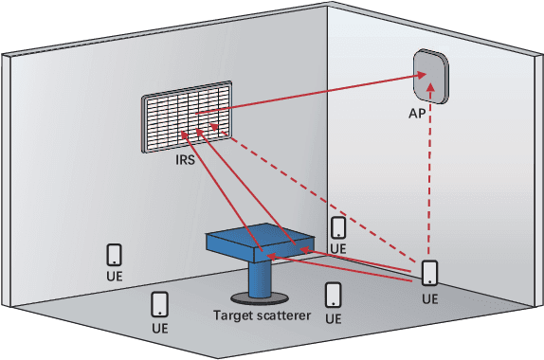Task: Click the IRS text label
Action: pyautogui.click(x=185, y=161)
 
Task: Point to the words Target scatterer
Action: pyautogui.click(x=262, y=315)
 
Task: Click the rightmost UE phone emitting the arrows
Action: pyautogui.click(x=430, y=273)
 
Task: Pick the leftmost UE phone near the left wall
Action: pyautogui.click(x=114, y=255)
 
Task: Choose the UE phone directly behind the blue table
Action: pyautogui.click(x=338, y=226)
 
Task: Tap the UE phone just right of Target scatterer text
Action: pyautogui.click(x=333, y=295)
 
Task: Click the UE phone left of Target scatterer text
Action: pyautogui.click(x=160, y=304)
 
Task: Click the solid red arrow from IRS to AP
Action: pyautogui.click(x=313, y=95)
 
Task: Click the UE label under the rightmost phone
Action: pyautogui.click(x=430, y=297)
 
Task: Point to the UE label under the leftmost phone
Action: pyautogui.click(x=114, y=278)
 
